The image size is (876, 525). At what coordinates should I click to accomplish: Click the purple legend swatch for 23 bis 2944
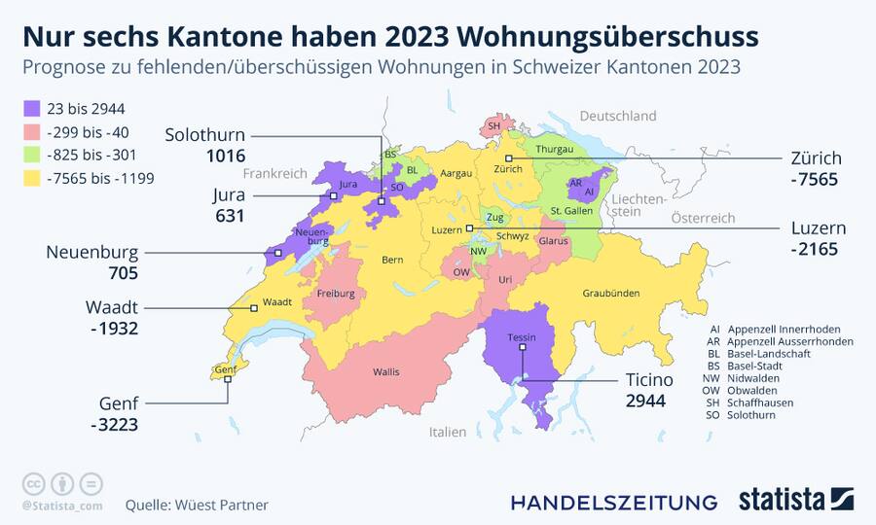pyautogui.click(x=31, y=109)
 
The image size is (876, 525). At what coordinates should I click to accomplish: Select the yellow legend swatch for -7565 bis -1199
pyautogui.click(x=31, y=178)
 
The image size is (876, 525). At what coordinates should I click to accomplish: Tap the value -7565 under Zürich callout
pyautogui.click(x=814, y=180)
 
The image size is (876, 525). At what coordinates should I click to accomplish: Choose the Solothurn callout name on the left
pyautogui.click(x=204, y=135)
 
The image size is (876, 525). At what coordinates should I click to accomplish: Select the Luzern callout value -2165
pyautogui.click(x=814, y=250)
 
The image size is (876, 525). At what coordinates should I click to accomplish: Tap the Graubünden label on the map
pyautogui.click(x=610, y=293)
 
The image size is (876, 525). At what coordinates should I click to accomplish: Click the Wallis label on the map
pyautogui.click(x=385, y=371)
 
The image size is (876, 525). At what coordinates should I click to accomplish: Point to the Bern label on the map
pyautogui.click(x=391, y=261)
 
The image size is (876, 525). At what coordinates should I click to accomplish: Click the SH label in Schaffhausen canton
pyautogui.click(x=493, y=126)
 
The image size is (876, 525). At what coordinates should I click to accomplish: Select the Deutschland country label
pyautogui.click(x=617, y=116)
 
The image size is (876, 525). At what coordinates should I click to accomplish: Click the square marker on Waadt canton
pyautogui.click(x=254, y=308)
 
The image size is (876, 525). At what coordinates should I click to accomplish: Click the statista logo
pyautogui.click(x=795, y=500)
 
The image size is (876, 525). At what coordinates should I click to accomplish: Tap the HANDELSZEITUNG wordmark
pyautogui.click(x=613, y=502)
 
